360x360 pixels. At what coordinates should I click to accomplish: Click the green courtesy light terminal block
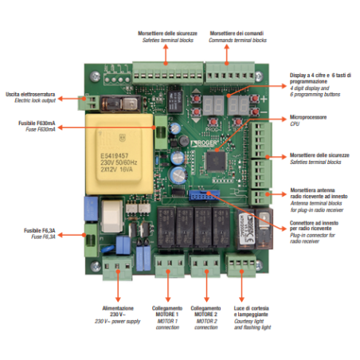click(237, 264)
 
